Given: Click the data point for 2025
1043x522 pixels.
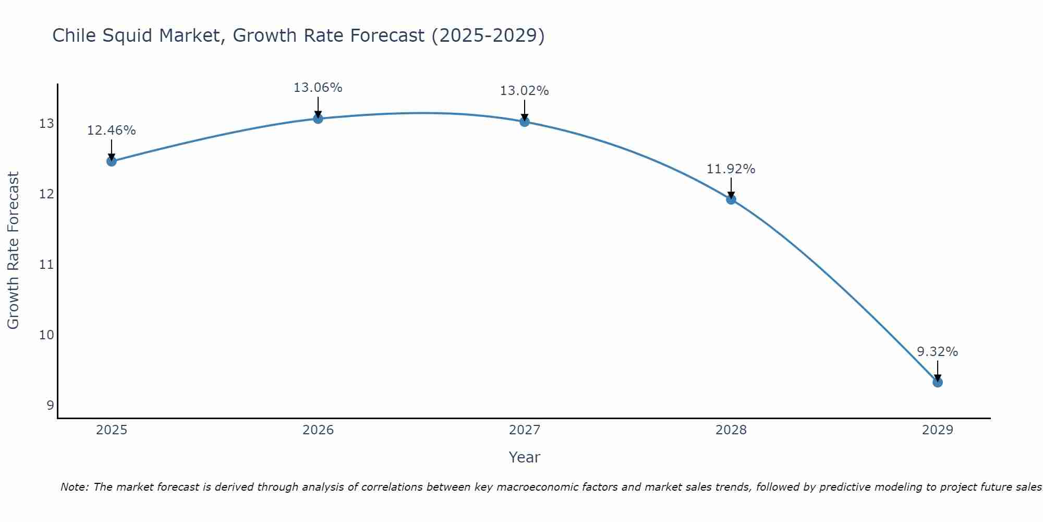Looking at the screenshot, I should [x=112, y=161].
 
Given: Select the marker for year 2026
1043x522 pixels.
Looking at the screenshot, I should [x=318, y=118].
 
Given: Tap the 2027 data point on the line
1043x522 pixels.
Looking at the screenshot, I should [x=525, y=122].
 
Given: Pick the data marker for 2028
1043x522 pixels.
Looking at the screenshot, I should [x=731, y=199].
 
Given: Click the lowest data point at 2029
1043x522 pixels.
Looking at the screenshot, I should [x=938, y=382].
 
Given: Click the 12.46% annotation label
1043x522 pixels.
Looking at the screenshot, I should [x=111, y=130].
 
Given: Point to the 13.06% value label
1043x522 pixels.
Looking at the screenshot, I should [x=318, y=88].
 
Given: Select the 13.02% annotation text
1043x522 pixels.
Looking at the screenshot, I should [x=524, y=91].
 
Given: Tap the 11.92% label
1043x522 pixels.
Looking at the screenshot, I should [x=731, y=169].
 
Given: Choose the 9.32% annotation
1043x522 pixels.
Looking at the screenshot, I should [x=937, y=352].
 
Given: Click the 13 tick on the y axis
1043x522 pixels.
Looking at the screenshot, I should [x=46, y=124].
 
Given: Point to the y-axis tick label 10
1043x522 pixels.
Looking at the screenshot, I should [x=46, y=335].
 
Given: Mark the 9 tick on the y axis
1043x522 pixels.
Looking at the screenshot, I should [x=50, y=405].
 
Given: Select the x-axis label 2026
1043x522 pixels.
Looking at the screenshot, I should [x=318, y=430].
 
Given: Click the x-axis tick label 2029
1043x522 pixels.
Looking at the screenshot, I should [x=938, y=430].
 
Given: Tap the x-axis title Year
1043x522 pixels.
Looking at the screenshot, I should [x=524, y=457].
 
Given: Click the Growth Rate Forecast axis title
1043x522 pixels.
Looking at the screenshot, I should [x=13, y=251].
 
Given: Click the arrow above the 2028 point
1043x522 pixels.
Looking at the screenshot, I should [x=731, y=188].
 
